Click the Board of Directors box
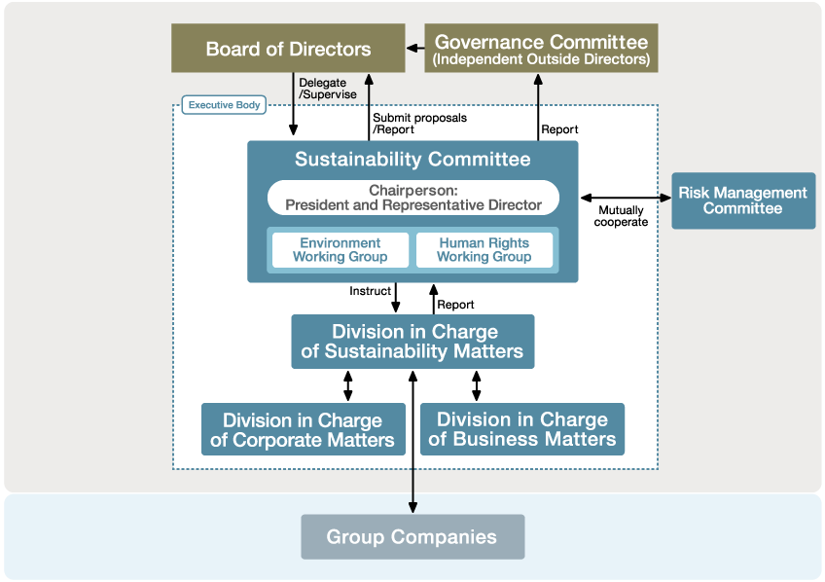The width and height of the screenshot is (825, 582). click(x=288, y=49)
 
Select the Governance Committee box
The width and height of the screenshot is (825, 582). click(x=541, y=49)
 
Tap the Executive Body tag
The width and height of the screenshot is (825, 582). click(x=224, y=104)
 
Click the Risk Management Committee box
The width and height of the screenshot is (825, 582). click(x=742, y=200)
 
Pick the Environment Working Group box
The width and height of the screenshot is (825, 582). click(x=340, y=250)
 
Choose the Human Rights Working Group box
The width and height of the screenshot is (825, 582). click(x=484, y=250)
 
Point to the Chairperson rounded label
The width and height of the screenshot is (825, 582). click(x=412, y=198)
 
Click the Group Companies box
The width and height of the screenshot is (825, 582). click(x=412, y=537)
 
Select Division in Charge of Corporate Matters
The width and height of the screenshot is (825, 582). click(x=303, y=430)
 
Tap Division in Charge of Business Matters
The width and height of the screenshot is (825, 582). click(x=521, y=429)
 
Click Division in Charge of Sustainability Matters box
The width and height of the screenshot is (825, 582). click(x=412, y=342)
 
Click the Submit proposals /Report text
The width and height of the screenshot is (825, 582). click(x=419, y=124)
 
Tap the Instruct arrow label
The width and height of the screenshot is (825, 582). click(x=370, y=291)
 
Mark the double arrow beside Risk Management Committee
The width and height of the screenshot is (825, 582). click(x=625, y=198)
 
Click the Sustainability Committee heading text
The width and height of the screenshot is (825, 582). click(x=412, y=160)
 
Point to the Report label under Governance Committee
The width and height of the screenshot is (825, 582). click(x=559, y=129)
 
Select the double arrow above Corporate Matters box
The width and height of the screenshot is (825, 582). click(x=348, y=385)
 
